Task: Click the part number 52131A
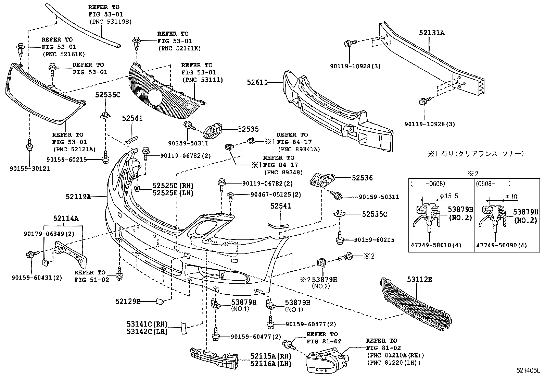(x=432, y=33)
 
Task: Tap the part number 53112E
(x=420, y=280)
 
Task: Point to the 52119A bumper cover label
(x=78, y=197)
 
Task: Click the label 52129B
(x=128, y=302)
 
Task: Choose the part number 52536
(x=362, y=178)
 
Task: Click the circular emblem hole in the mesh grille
(x=156, y=98)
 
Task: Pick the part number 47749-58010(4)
(x=431, y=245)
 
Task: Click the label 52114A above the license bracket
(x=66, y=218)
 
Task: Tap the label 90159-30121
(x=29, y=169)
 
